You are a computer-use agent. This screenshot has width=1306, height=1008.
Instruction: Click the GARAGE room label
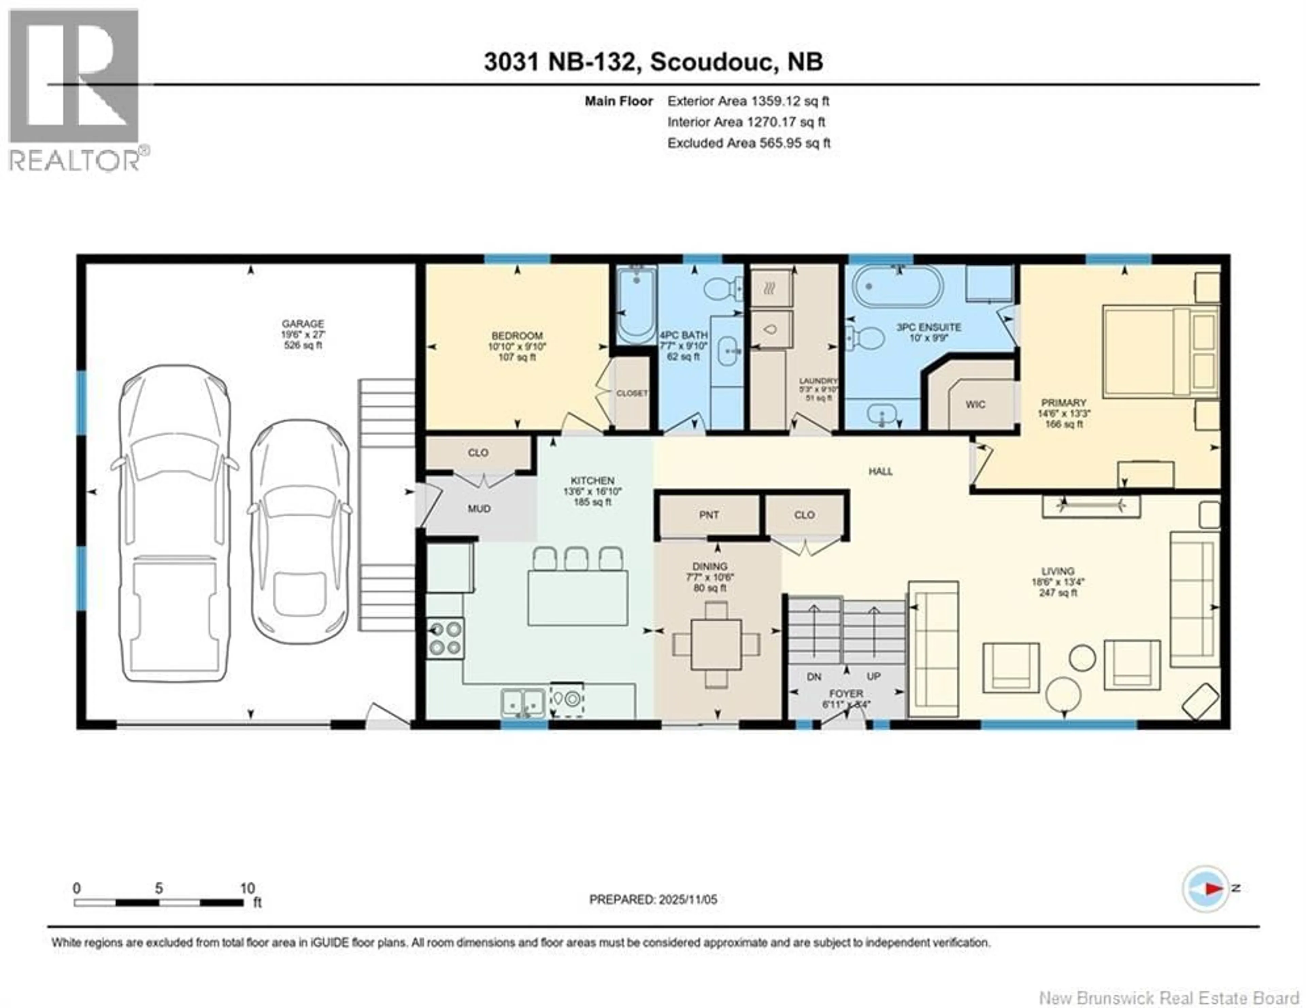pos(303,323)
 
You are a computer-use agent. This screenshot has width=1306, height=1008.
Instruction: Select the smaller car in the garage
pos(300,532)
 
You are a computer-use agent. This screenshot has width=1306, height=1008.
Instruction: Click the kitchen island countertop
pos(577,598)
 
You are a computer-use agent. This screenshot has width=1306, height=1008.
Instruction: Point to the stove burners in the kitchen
pos(445,639)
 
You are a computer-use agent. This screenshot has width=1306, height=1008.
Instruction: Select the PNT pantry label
pos(709,515)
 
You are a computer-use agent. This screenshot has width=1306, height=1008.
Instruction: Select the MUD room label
pos(479,509)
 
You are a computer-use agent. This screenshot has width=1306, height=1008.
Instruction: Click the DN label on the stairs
pos(814,677)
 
